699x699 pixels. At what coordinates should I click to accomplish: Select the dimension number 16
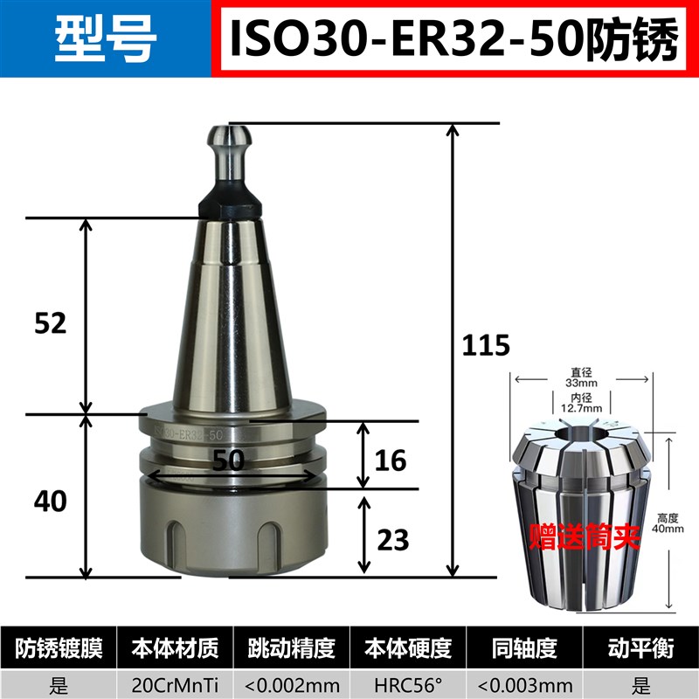(x=391, y=460)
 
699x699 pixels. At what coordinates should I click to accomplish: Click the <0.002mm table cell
(x=292, y=681)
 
